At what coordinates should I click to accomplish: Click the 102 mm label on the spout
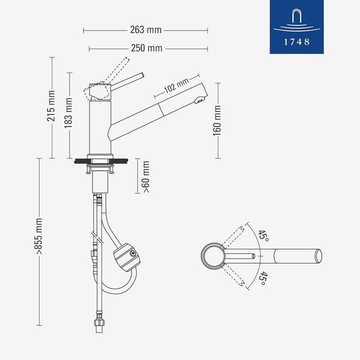175,86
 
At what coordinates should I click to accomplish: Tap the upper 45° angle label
263,236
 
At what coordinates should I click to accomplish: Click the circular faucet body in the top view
212,256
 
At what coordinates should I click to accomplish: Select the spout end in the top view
318,256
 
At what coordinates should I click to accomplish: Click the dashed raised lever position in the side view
118,69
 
